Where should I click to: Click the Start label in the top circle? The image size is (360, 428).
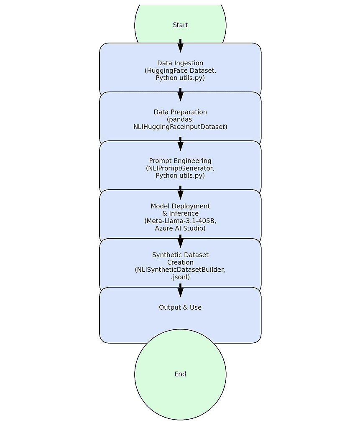[x=180, y=25]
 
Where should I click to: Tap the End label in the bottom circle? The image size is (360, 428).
[x=180, y=374]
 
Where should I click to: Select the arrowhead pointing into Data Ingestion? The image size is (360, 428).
[x=180, y=47]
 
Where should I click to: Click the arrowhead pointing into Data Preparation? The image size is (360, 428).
[x=180, y=96]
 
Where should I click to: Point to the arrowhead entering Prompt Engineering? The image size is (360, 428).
[x=180, y=145]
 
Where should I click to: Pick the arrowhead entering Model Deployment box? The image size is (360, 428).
[x=180, y=194]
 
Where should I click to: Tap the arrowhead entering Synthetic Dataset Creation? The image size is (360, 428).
[x=180, y=243]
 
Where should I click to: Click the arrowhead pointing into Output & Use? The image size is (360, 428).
[x=180, y=291]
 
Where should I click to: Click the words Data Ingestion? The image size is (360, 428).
[x=180, y=64]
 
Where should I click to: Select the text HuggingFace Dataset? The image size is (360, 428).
[x=181, y=71]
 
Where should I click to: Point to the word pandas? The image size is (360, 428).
[x=181, y=120]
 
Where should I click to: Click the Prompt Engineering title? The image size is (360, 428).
[x=180, y=161]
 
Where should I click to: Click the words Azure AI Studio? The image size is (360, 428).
[x=179, y=228]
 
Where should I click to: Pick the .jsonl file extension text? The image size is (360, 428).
[x=180, y=277]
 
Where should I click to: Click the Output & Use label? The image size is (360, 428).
[x=180, y=307]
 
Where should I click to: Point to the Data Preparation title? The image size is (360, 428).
[x=180, y=112]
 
